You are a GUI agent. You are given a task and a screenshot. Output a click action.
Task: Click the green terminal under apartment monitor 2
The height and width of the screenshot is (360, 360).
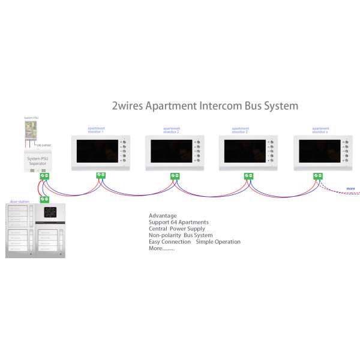point(175,176)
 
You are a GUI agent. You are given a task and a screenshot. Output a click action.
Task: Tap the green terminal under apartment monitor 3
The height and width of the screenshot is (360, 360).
point(249,176)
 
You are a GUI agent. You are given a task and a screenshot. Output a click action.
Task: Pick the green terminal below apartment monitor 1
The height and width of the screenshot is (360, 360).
point(101,175)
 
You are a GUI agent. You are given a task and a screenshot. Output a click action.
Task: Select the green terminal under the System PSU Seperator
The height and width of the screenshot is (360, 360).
point(44,176)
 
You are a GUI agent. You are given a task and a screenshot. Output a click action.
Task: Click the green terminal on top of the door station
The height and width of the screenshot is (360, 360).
point(44,199)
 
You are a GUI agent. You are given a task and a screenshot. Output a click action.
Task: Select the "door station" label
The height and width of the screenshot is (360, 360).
point(19,202)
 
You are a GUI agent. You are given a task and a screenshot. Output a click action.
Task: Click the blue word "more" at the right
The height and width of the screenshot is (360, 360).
point(350,189)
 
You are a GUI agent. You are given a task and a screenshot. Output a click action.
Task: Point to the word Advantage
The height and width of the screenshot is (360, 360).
point(163,215)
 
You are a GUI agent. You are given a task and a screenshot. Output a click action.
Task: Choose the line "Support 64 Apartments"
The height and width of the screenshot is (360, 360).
point(178,222)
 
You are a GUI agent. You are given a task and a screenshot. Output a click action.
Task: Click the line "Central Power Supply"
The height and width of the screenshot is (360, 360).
point(176,229)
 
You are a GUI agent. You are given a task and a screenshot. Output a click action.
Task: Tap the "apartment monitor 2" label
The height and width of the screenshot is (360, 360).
point(172,130)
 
